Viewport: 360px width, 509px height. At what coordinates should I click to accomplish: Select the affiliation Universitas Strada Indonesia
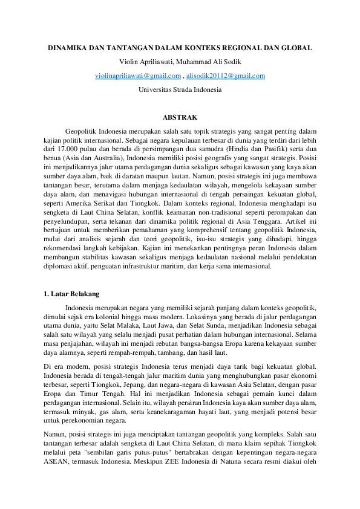[x=180, y=89]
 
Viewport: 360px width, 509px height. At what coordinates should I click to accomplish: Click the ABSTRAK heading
[x=180, y=117]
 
